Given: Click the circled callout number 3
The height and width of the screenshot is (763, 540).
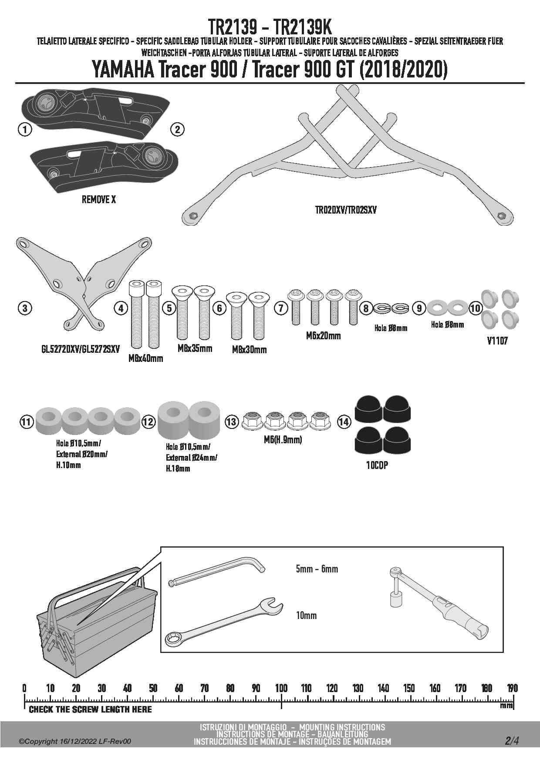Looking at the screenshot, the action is pyautogui.click(x=25, y=308).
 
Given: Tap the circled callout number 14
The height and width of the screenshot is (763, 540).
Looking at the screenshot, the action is pyautogui.click(x=344, y=422).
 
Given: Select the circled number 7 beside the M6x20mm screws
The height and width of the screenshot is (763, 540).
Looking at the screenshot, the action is pyautogui.click(x=281, y=308).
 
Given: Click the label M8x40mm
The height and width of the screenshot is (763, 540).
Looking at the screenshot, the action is pyautogui.click(x=146, y=358).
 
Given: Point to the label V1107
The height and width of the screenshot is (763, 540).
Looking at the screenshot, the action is pyautogui.click(x=497, y=341).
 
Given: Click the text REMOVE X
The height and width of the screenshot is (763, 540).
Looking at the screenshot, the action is pyautogui.click(x=99, y=200).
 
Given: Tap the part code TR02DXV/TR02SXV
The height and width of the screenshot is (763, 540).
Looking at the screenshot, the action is pyautogui.click(x=346, y=210).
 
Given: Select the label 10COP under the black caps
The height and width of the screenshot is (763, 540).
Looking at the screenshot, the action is pyautogui.click(x=377, y=465).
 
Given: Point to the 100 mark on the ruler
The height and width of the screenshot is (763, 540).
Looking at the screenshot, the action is pyautogui.click(x=281, y=688).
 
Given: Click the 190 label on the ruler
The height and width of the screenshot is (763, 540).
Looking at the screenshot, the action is pyautogui.click(x=513, y=688).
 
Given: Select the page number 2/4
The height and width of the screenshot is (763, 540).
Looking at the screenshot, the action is pyautogui.click(x=512, y=740).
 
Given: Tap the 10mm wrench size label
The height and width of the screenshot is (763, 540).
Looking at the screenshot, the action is pyautogui.click(x=306, y=616).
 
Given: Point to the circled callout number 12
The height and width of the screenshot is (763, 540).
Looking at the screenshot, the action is pyautogui.click(x=148, y=422).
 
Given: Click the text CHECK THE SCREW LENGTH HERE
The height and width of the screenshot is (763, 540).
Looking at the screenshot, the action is pyautogui.click(x=90, y=709).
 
